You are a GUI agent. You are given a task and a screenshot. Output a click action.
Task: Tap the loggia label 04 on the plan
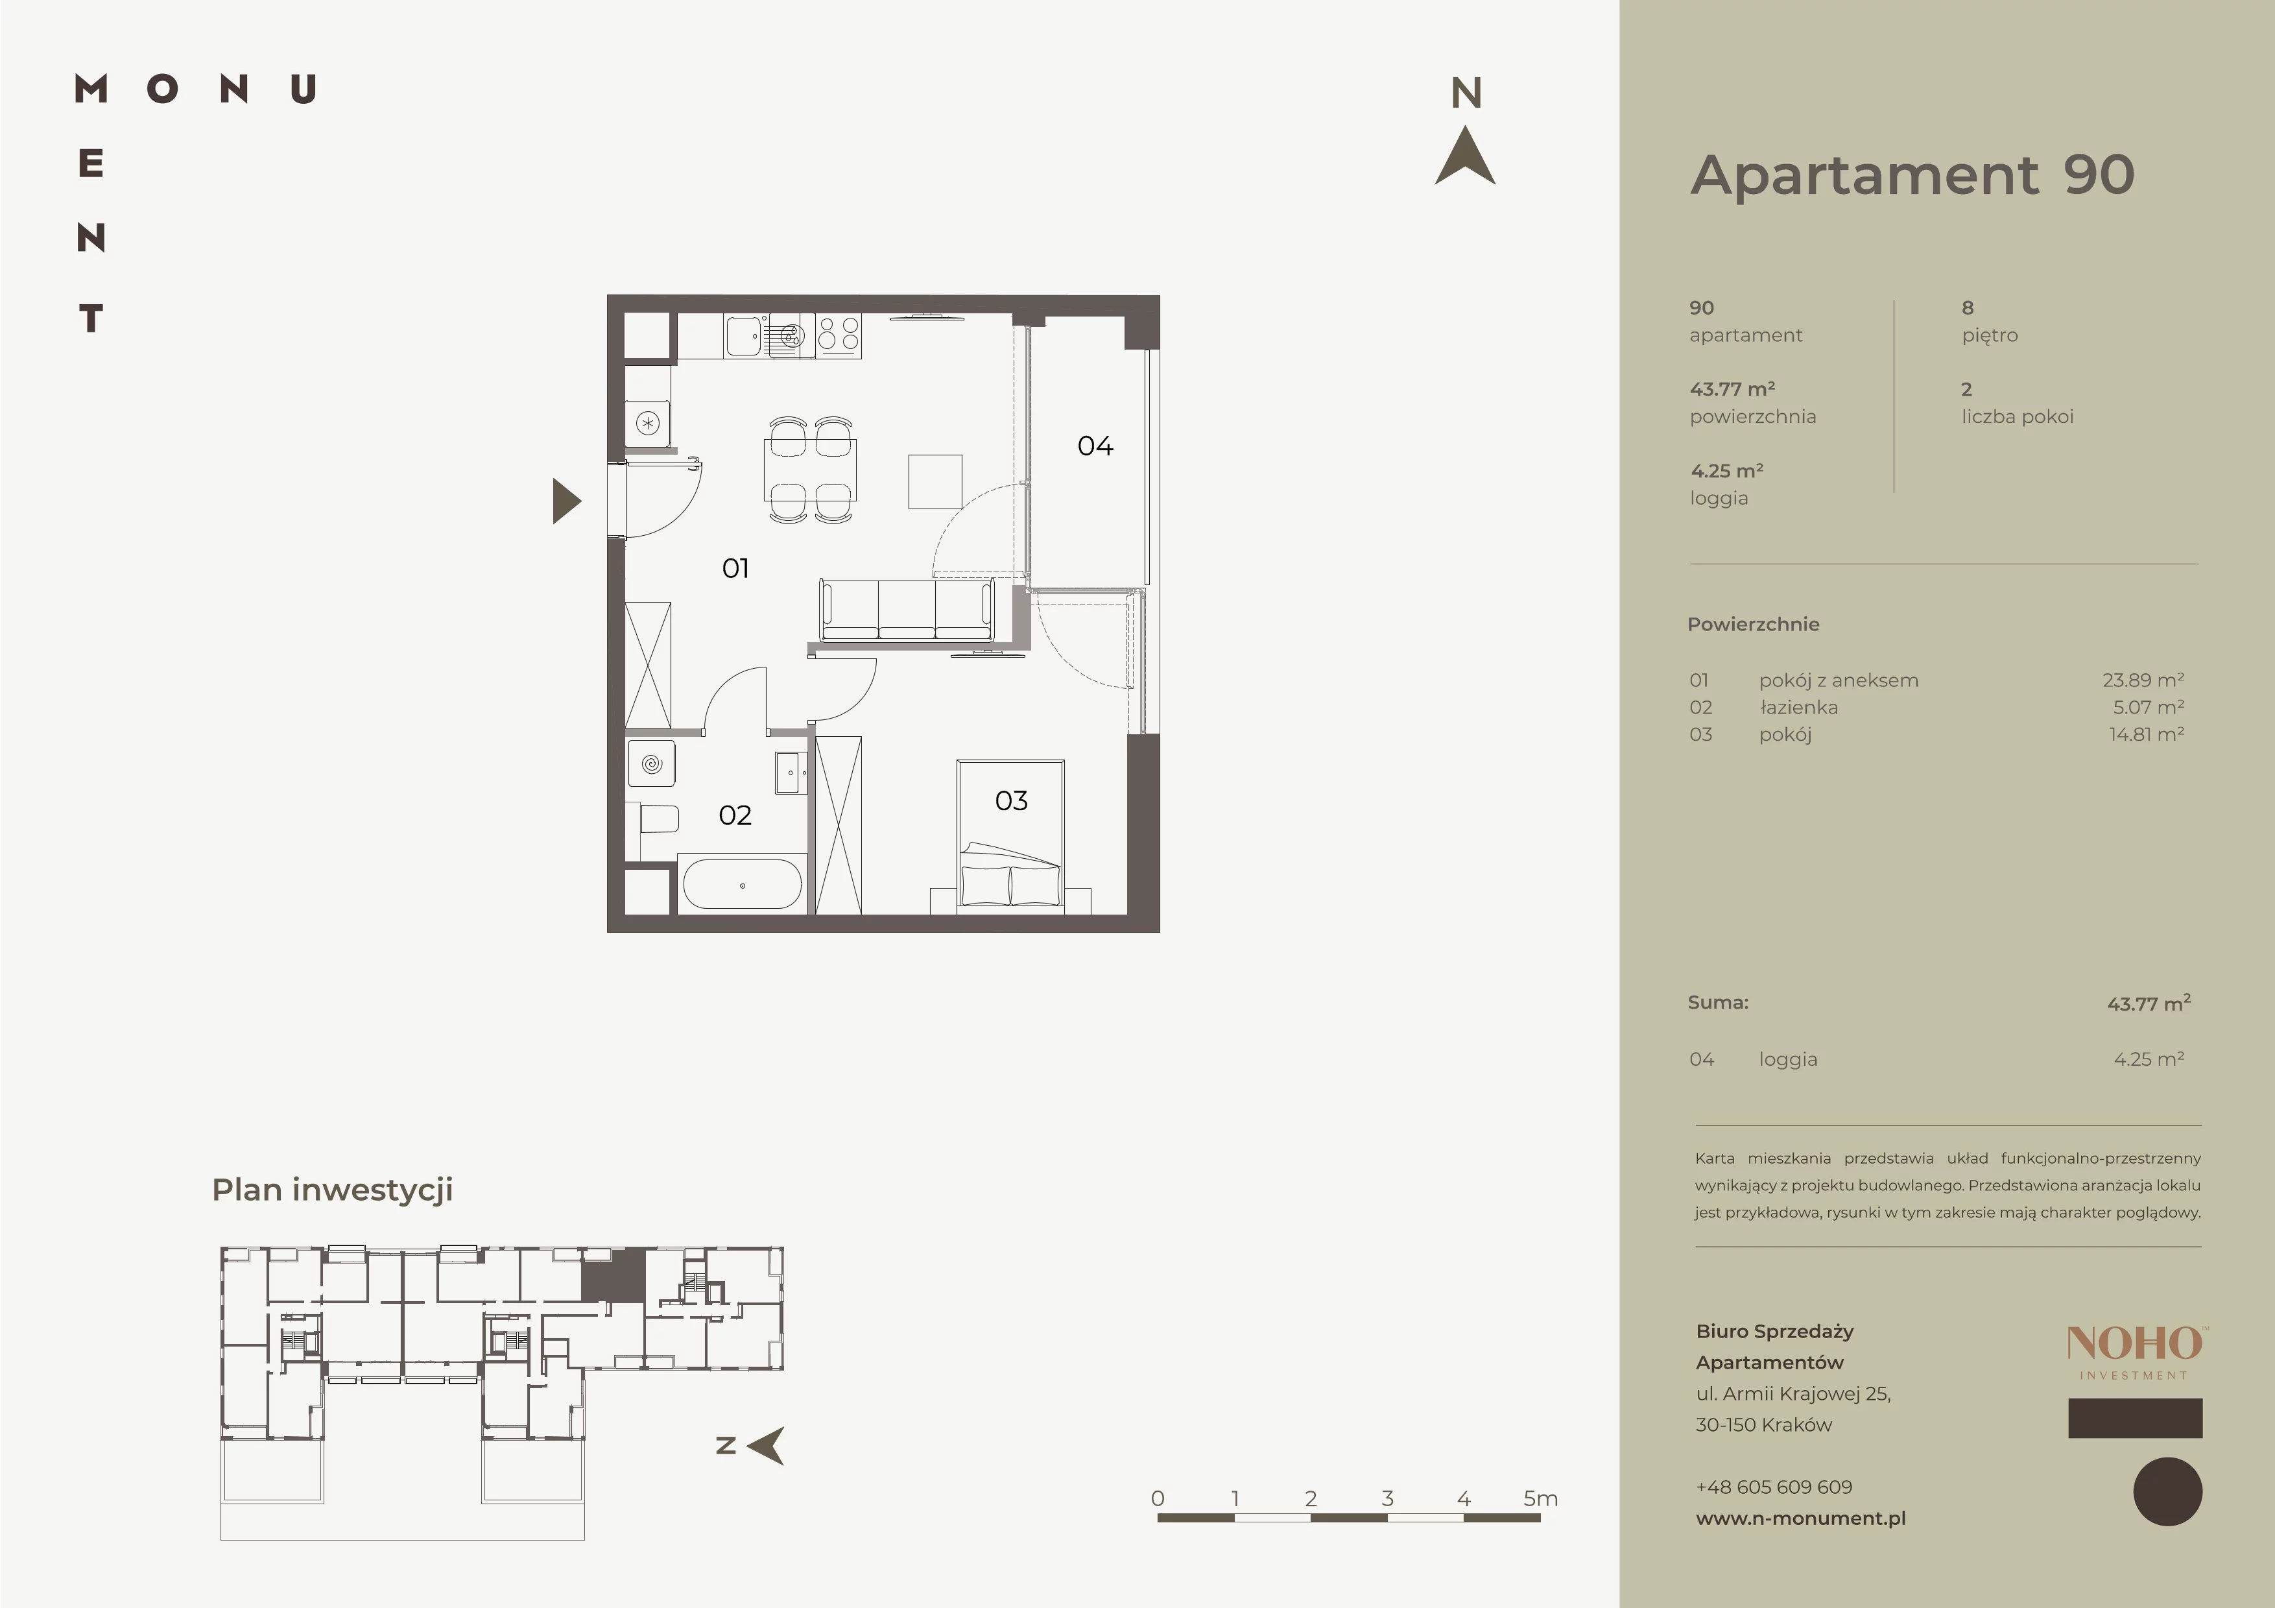coord(1095,446)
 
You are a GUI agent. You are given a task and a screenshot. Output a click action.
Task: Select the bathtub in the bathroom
coord(742,883)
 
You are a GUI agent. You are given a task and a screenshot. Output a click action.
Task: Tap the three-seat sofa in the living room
coord(905,610)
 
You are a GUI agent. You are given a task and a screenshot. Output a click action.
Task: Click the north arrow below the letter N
coord(1466,156)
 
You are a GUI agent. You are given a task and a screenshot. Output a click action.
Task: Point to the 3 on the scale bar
coord(1387,1498)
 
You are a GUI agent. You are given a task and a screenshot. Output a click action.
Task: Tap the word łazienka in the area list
coord(1798,708)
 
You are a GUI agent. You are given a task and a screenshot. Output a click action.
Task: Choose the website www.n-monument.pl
coord(1800,1518)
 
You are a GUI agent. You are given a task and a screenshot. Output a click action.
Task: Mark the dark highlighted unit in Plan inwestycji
coord(612,1276)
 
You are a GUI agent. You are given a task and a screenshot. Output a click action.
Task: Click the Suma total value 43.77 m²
coord(2148,1003)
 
